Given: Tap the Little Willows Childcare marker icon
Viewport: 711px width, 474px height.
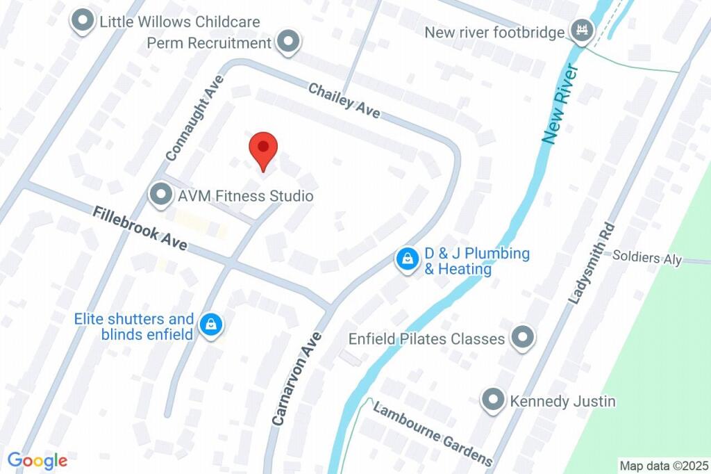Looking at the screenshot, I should [83, 22].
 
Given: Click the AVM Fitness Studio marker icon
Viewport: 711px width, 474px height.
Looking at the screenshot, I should [161, 195].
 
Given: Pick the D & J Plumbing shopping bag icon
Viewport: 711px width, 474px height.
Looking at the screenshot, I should [405, 259].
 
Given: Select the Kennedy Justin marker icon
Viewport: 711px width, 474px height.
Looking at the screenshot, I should [493, 401].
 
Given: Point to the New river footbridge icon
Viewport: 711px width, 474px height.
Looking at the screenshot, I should [580, 30].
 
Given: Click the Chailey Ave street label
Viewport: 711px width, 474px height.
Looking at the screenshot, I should [344, 100].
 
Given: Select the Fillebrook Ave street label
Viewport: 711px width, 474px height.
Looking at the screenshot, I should [140, 228].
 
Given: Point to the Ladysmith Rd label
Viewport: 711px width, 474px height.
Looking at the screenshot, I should [592, 263].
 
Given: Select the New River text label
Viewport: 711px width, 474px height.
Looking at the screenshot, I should [561, 104].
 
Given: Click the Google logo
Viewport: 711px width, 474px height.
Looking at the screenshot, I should [37, 460].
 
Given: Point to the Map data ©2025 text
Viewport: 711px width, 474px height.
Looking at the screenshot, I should [664, 466].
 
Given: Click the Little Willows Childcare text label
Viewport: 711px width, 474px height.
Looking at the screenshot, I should [179, 22].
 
